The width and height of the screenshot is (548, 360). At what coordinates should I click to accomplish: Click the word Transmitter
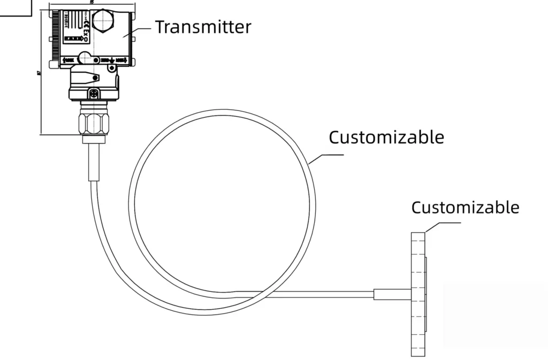203,27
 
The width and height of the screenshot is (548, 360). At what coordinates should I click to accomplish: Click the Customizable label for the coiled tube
386,137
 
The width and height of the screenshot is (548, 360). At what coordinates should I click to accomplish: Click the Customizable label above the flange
465,208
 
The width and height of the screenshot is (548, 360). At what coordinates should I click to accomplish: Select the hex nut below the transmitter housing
94,122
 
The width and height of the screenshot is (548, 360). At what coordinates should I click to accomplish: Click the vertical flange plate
418,294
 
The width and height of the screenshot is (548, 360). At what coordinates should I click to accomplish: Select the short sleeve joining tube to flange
392,294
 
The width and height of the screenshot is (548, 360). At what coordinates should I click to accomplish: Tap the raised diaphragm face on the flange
426,294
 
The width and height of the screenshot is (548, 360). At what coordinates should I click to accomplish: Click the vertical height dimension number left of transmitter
39,73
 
